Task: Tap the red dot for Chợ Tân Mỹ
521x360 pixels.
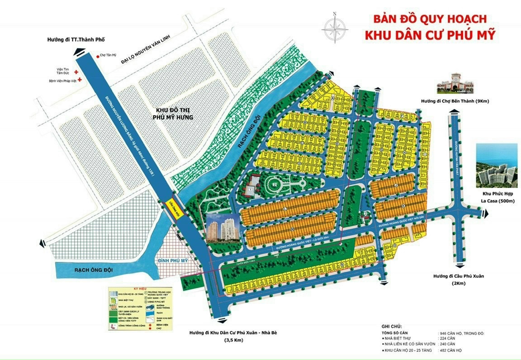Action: [x=97, y=57]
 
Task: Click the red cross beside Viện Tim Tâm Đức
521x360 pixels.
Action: [x=76, y=71]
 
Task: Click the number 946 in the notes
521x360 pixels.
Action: [x=445, y=333]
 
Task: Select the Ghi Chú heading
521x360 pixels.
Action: [x=391, y=327]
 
